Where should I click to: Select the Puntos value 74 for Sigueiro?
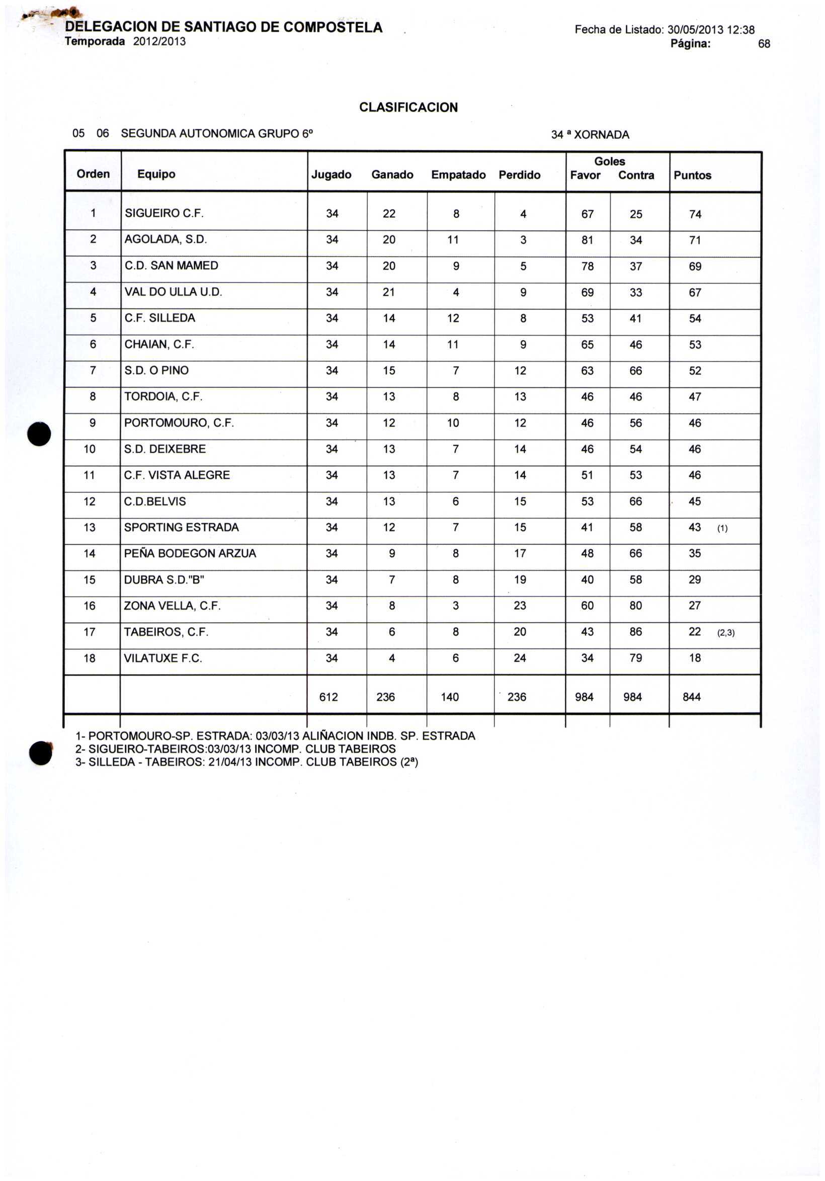(695, 214)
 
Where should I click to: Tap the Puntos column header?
(692, 176)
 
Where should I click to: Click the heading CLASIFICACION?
(408, 108)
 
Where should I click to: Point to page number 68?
(764, 44)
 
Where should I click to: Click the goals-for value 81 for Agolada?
(588, 240)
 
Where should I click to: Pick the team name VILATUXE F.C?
(163, 658)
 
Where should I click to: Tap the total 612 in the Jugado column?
(328, 697)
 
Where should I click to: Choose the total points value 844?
(692, 697)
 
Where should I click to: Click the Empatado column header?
(458, 175)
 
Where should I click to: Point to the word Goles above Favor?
(610, 161)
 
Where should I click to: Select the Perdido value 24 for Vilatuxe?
(520, 658)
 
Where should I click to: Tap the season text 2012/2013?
(159, 42)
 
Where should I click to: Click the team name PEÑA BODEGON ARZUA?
(190, 553)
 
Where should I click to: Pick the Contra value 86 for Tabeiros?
(636, 632)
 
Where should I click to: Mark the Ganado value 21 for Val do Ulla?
(389, 292)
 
